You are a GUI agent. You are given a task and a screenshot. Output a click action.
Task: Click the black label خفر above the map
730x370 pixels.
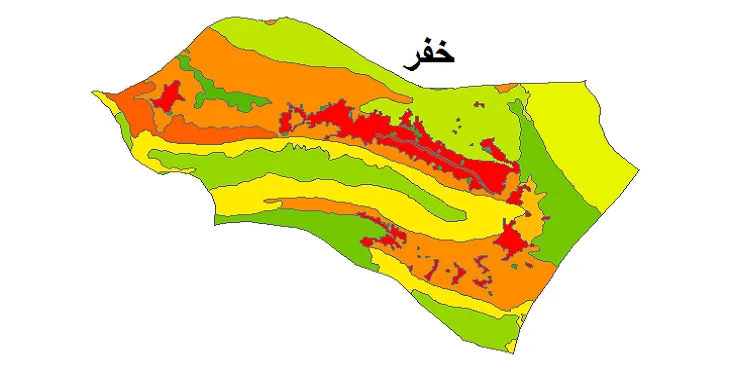click(x=429, y=53)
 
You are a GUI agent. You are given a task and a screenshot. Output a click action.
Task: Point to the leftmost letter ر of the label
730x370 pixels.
click(x=410, y=58)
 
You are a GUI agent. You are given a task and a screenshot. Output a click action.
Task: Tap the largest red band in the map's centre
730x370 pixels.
click(x=400, y=135)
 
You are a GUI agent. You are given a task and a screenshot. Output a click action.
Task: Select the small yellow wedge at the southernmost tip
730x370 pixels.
click(x=511, y=345)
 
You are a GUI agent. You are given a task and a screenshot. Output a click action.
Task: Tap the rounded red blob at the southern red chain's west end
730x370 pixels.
click(x=367, y=241)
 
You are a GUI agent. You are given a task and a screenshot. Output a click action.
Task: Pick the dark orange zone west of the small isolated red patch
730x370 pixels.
click(x=130, y=100)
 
